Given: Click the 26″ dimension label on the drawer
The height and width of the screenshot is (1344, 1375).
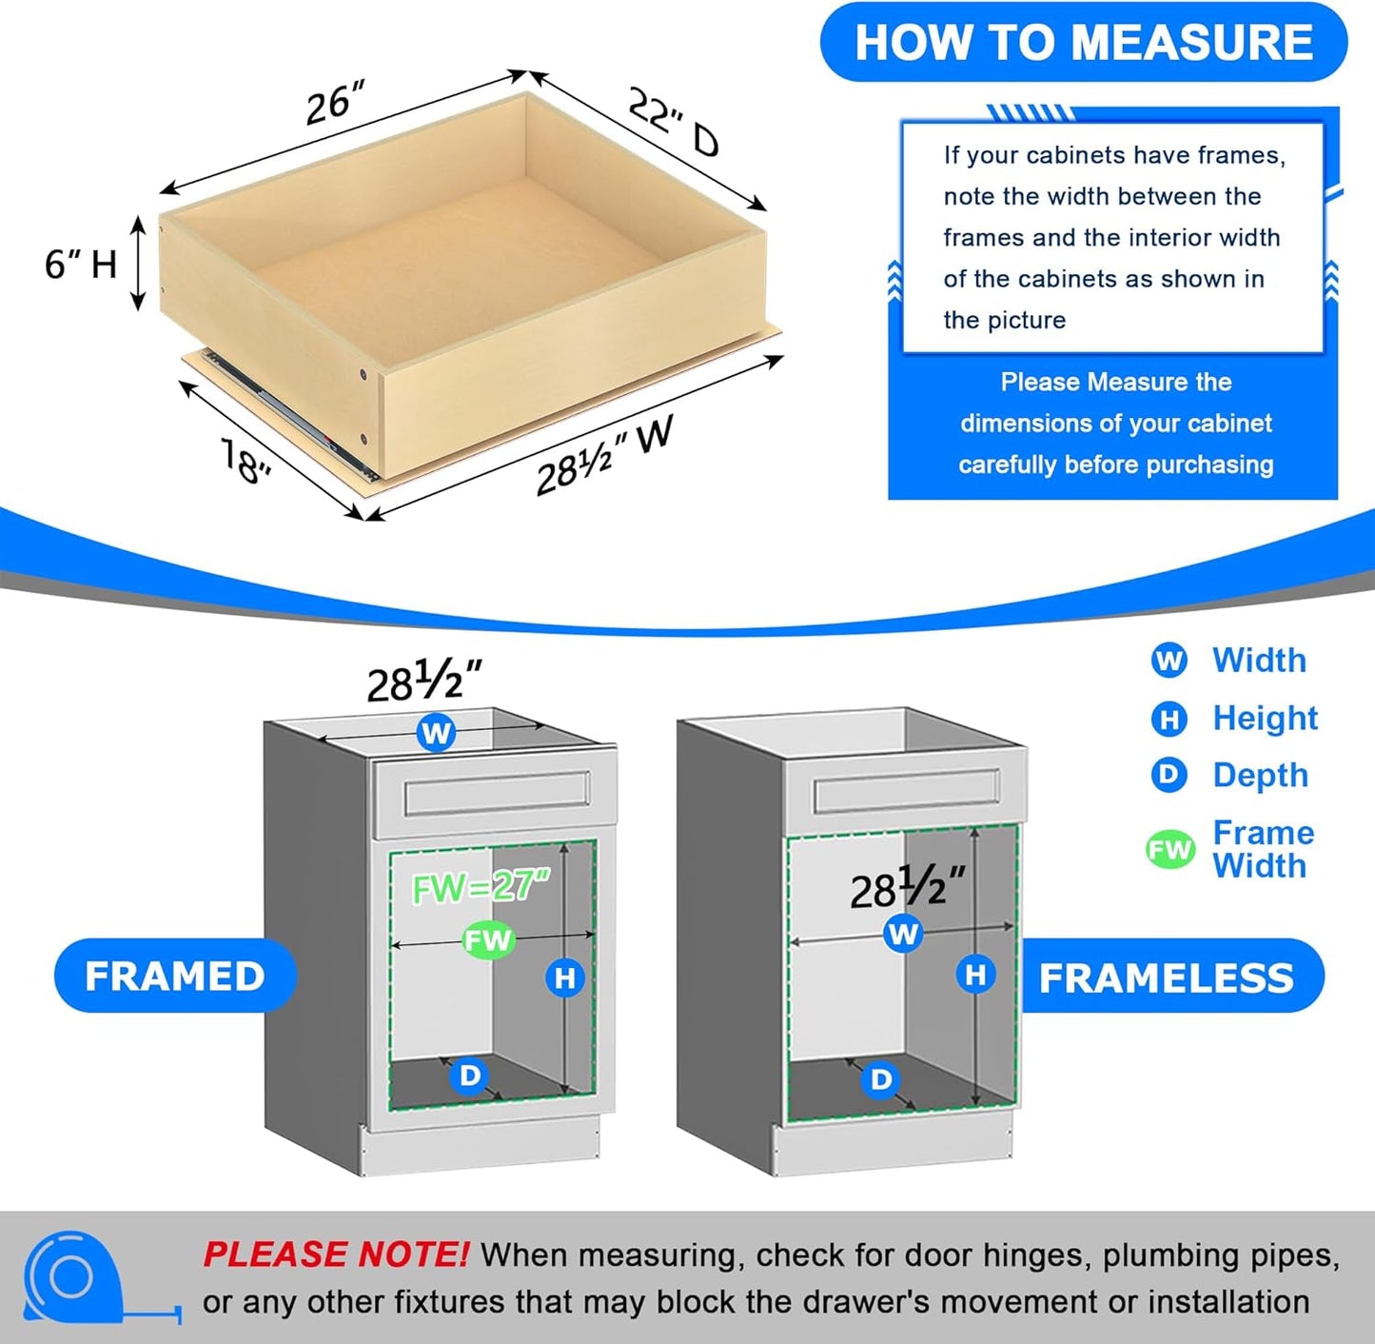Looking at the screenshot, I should click(x=335, y=103).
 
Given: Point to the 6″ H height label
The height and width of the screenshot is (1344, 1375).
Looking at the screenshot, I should click(x=80, y=263).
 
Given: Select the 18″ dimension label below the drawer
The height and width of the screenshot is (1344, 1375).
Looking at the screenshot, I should click(x=246, y=460).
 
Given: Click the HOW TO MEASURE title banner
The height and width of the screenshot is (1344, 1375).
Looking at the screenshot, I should click(x=1083, y=43).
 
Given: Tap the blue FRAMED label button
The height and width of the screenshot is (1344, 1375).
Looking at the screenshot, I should click(x=175, y=976).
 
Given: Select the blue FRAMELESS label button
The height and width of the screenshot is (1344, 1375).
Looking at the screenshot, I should click(x=1167, y=978).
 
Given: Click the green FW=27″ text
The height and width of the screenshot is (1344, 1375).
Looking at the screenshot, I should click(x=481, y=887).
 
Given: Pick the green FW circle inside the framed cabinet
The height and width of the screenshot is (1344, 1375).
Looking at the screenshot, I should click(x=488, y=940).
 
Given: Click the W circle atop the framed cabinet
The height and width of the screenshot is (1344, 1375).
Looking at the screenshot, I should click(x=436, y=733).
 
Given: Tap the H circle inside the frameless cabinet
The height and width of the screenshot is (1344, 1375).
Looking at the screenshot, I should click(x=975, y=974).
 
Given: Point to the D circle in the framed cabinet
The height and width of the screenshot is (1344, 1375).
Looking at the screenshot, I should click(x=470, y=1076).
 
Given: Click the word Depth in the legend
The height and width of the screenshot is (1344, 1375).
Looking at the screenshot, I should click(x=1260, y=775).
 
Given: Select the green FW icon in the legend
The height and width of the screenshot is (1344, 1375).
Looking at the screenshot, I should click(x=1169, y=849).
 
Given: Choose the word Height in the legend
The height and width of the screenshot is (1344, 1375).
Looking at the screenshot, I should click(x=1265, y=718).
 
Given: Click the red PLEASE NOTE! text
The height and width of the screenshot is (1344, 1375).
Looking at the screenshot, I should click(x=335, y=1255).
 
